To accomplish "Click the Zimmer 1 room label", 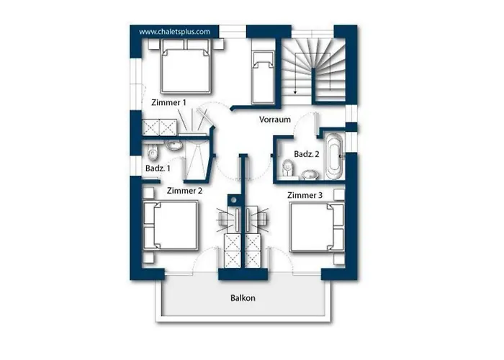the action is [x=168, y=102].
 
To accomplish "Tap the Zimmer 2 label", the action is [x=184, y=191].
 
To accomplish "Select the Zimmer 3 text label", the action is [x=305, y=195].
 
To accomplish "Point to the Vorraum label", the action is [x=275, y=120].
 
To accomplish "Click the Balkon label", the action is [x=243, y=298].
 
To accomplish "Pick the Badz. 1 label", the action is [x=158, y=168].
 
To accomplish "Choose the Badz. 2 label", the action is [x=307, y=154].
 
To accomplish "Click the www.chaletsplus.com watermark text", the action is [x=174, y=32].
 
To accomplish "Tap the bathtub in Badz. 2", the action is [x=334, y=156].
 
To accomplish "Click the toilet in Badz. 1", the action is [x=153, y=152].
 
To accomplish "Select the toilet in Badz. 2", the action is [x=288, y=168].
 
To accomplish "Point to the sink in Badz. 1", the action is [x=174, y=145].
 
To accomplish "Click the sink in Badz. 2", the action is [x=310, y=174].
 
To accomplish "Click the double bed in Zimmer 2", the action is [x=171, y=225].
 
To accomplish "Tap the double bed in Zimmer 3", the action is [x=317, y=227].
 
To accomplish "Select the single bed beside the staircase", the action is [x=264, y=77].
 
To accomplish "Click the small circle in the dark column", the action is [x=234, y=200].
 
